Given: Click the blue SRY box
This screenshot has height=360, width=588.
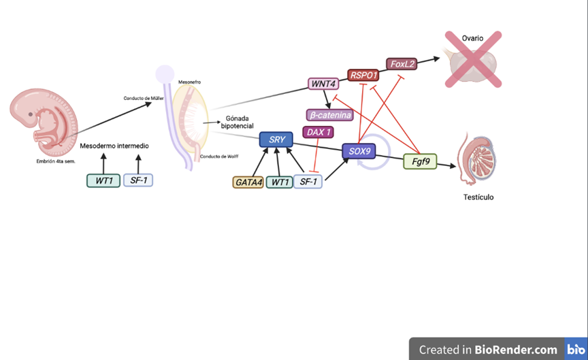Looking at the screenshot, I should tap(276, 140).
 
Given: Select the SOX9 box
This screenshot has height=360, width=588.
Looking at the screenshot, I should tap(359, 151).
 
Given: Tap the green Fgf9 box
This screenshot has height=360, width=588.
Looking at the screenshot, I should tap(420, 162).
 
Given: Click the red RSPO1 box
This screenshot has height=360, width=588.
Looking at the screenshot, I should tap(363, 75).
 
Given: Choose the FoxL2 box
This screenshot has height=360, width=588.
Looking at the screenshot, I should tap(402, 64).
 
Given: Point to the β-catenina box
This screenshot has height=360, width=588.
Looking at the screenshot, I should tap(330, 115).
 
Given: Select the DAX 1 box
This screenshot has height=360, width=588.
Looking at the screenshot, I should tap(318, 132).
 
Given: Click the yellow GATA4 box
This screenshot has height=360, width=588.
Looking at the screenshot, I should tap(248, 182).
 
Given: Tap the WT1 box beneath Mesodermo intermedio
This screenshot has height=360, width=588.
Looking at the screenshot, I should tap(103, 181).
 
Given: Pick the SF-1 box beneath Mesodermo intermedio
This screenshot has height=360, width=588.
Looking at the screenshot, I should tap(138, 181).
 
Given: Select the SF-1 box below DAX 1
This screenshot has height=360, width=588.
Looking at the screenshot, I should tap(308, 182).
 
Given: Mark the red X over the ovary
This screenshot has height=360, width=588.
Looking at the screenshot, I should tap(473, 59).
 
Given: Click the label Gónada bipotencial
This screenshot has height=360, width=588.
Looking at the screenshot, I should tap(237, 122).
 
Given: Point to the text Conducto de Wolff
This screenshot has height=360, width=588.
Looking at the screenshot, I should tap(219, 157).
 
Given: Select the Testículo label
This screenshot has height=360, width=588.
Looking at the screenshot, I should tap(479, 197).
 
